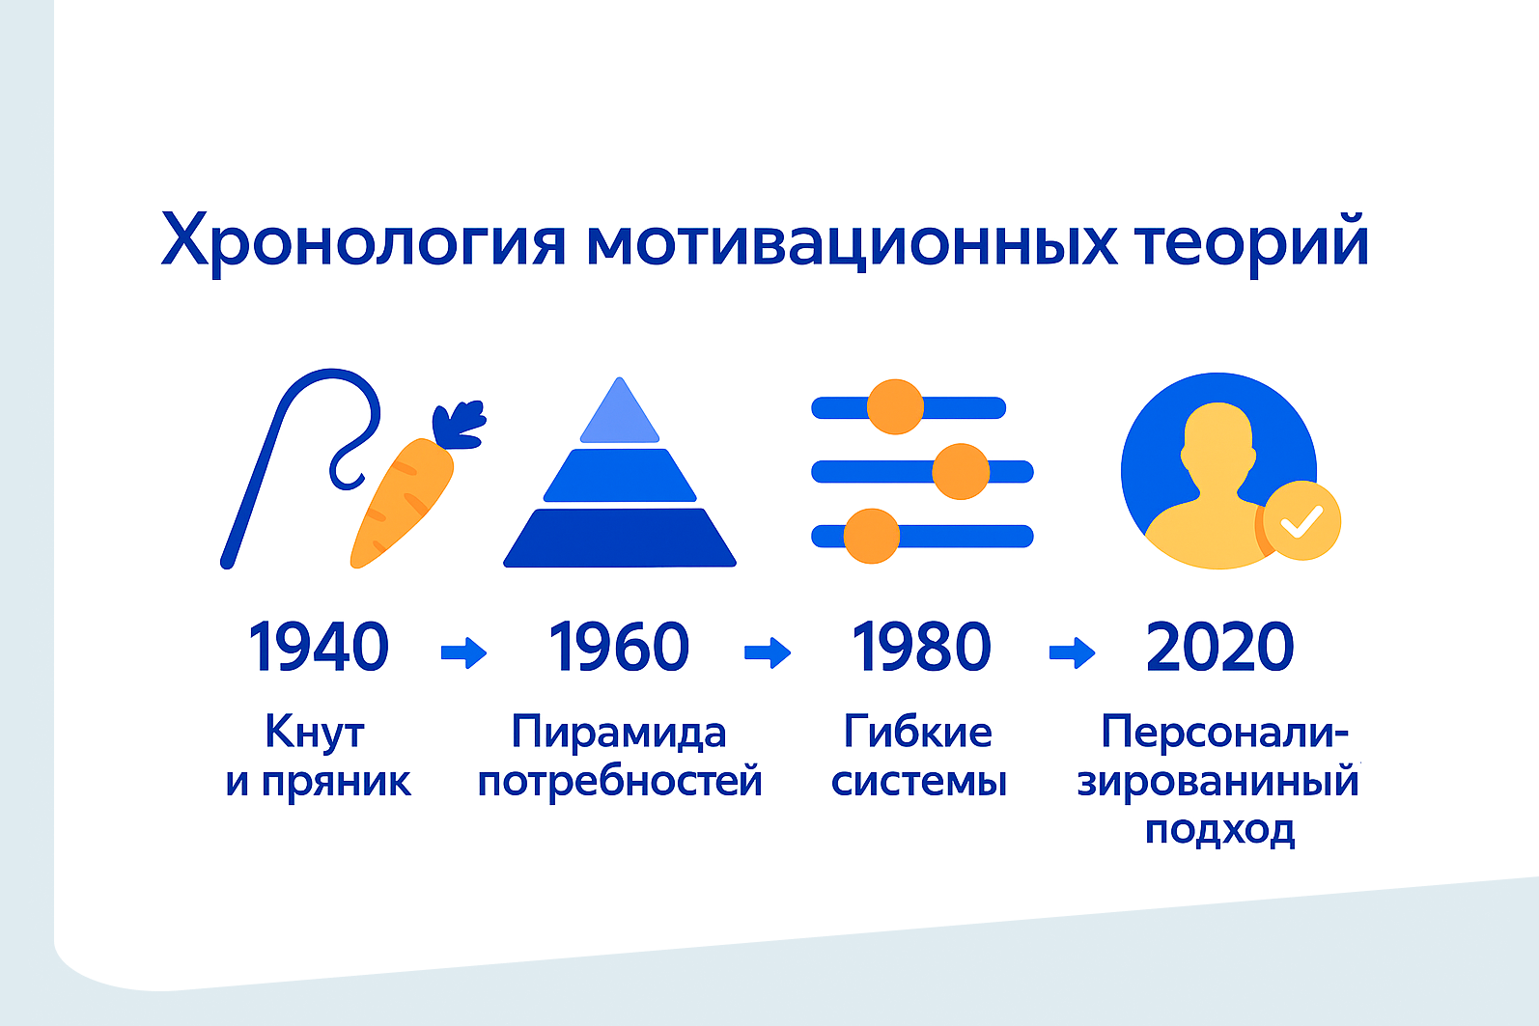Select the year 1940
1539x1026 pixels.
(319, 647)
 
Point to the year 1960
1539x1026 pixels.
(619, 647)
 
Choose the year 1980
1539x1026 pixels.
(921, 647)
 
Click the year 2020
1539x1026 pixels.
(1219, 647)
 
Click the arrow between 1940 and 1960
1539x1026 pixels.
(463, 652)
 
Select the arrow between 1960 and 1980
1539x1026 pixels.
(768, 652)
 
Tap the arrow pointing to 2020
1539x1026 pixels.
(1072, 652)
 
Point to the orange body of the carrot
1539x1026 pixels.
(402, 504)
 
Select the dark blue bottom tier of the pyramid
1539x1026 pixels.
(620, 538)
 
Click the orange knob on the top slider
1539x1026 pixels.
(895, 407)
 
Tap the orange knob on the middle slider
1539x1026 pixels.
(961, 472)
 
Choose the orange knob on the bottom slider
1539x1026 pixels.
(871, 537)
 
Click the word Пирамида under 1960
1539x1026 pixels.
(619, 732)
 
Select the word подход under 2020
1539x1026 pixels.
(1219, 830)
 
